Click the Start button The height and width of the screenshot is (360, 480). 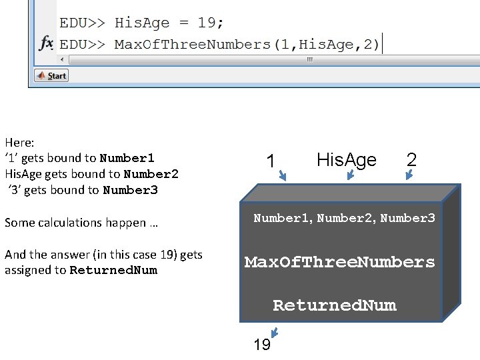click(51, 76)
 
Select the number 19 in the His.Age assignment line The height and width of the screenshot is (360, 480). click(207, 23)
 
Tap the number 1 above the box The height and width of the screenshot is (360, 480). click(270, 161)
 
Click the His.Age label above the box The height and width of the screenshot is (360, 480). click(346, 160)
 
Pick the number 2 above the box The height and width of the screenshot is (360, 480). click(411, 160)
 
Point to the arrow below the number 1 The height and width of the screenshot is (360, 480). click(282, 176)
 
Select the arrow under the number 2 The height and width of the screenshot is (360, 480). click(409, 175)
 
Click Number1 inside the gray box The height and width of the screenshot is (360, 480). click(283, 218)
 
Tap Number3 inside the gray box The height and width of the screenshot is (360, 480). click(407, 218)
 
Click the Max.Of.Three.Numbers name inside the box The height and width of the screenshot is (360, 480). click(339, 262)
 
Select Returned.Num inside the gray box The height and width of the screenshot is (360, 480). click(334, 305)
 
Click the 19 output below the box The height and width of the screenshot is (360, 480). click(262, 345)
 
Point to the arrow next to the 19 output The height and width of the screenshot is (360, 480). click(274, 333)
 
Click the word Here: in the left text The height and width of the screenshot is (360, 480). click(19, 142)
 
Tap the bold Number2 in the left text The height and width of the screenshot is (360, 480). click(151, 174)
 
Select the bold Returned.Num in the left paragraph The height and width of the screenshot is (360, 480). click(113, 270)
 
